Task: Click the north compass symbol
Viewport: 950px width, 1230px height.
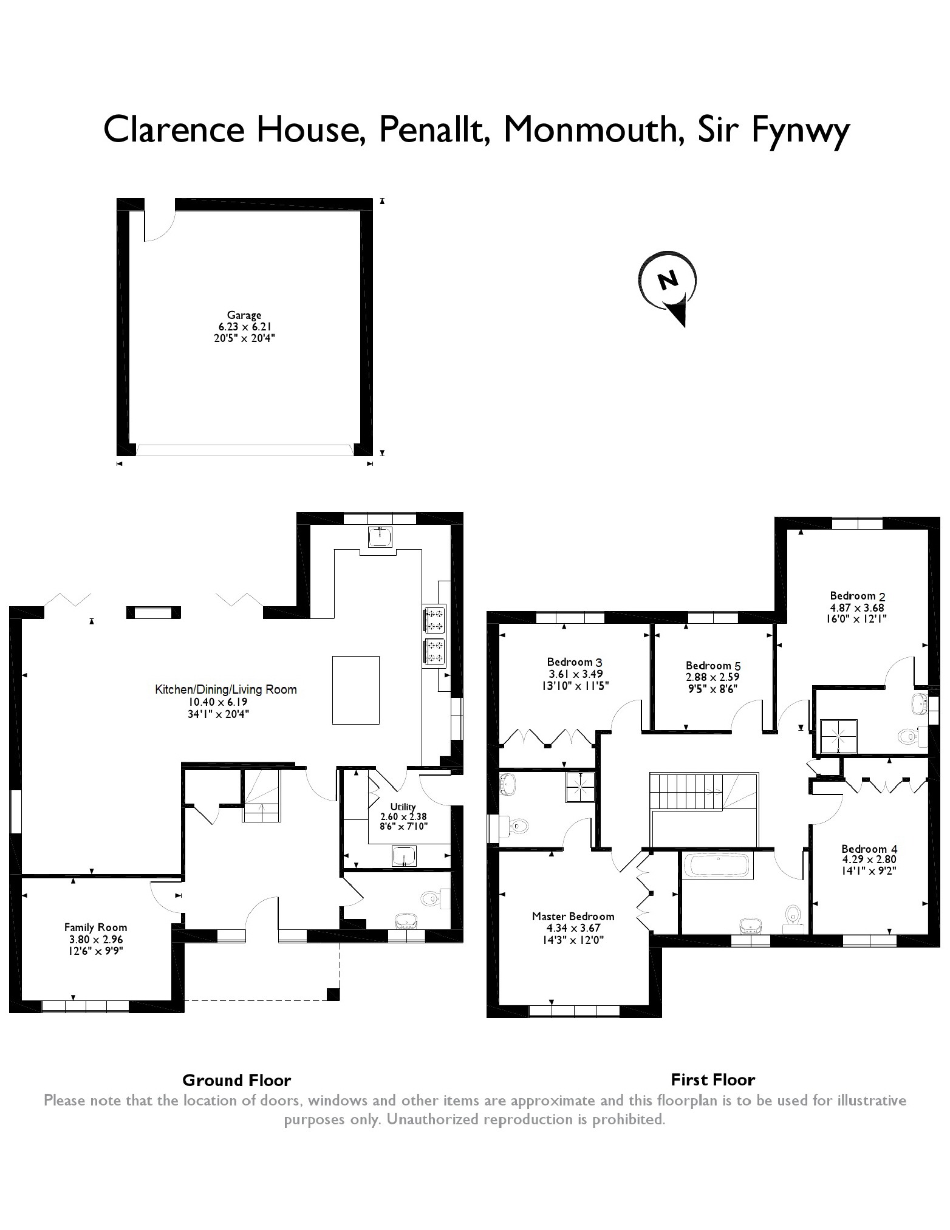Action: [x=668, y=285]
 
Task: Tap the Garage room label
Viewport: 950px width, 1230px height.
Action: [x=244, y=315]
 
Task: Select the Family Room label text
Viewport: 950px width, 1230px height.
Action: [x=95, y=928]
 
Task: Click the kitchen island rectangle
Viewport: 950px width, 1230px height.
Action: [x=355, y=690]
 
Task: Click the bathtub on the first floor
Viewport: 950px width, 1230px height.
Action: [x=718, y=866]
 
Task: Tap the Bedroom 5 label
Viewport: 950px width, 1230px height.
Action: [x=712, y=666]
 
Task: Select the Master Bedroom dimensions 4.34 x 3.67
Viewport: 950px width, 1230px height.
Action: [x=573, y=928]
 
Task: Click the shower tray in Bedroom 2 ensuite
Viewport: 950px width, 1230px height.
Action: [x=838, y=736]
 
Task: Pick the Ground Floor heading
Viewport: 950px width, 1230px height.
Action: [x=236, y=1081]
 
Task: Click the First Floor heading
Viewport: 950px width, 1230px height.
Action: [x=712, y=1080]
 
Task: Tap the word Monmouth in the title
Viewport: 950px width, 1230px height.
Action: [x=590, y=130]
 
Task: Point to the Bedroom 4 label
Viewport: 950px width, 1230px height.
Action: [x=869, y=849]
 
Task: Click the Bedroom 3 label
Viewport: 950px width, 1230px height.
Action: [x=574, y=662]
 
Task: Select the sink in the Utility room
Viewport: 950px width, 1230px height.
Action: [x=404, y=856]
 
